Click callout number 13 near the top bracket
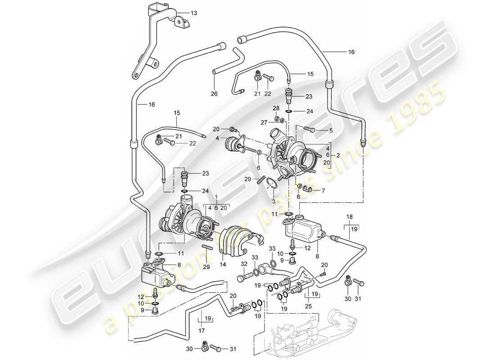tap(193, 13)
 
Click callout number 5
tap(331, 130)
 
